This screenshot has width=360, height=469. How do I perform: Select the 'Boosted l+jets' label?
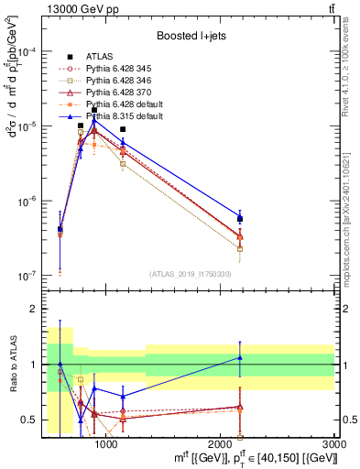coord(189,35)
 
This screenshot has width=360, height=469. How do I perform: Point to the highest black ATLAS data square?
coord(94,110)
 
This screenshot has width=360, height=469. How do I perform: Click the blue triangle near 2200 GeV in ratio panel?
coord(240,357)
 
